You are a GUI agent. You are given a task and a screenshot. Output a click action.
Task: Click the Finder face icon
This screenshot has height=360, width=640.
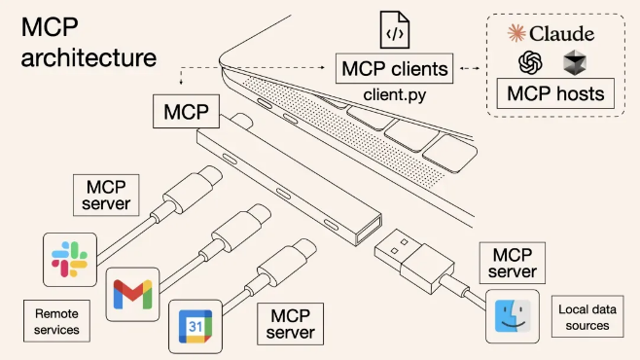512,315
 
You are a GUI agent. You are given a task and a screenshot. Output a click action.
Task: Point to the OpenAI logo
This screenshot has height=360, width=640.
530,63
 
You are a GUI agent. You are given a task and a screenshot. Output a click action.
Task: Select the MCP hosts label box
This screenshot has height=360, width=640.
552,95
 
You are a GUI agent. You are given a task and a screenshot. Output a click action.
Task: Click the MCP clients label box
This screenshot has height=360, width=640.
394,69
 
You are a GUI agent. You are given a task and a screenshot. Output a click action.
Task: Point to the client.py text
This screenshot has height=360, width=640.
395,95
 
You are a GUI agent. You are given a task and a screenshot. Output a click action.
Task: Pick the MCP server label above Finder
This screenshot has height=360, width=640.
512,262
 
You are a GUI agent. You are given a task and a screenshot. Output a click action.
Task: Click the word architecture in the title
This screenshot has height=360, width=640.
89,56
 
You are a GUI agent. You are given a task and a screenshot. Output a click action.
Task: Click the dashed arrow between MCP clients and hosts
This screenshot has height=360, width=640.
471,69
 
